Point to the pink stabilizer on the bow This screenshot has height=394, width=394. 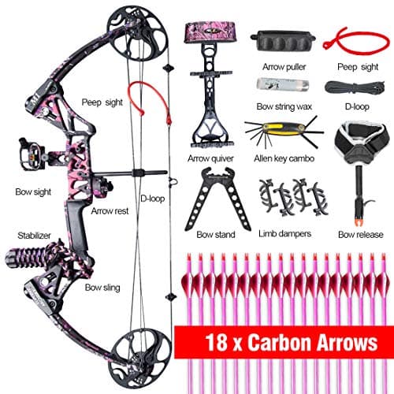[39, 258]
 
